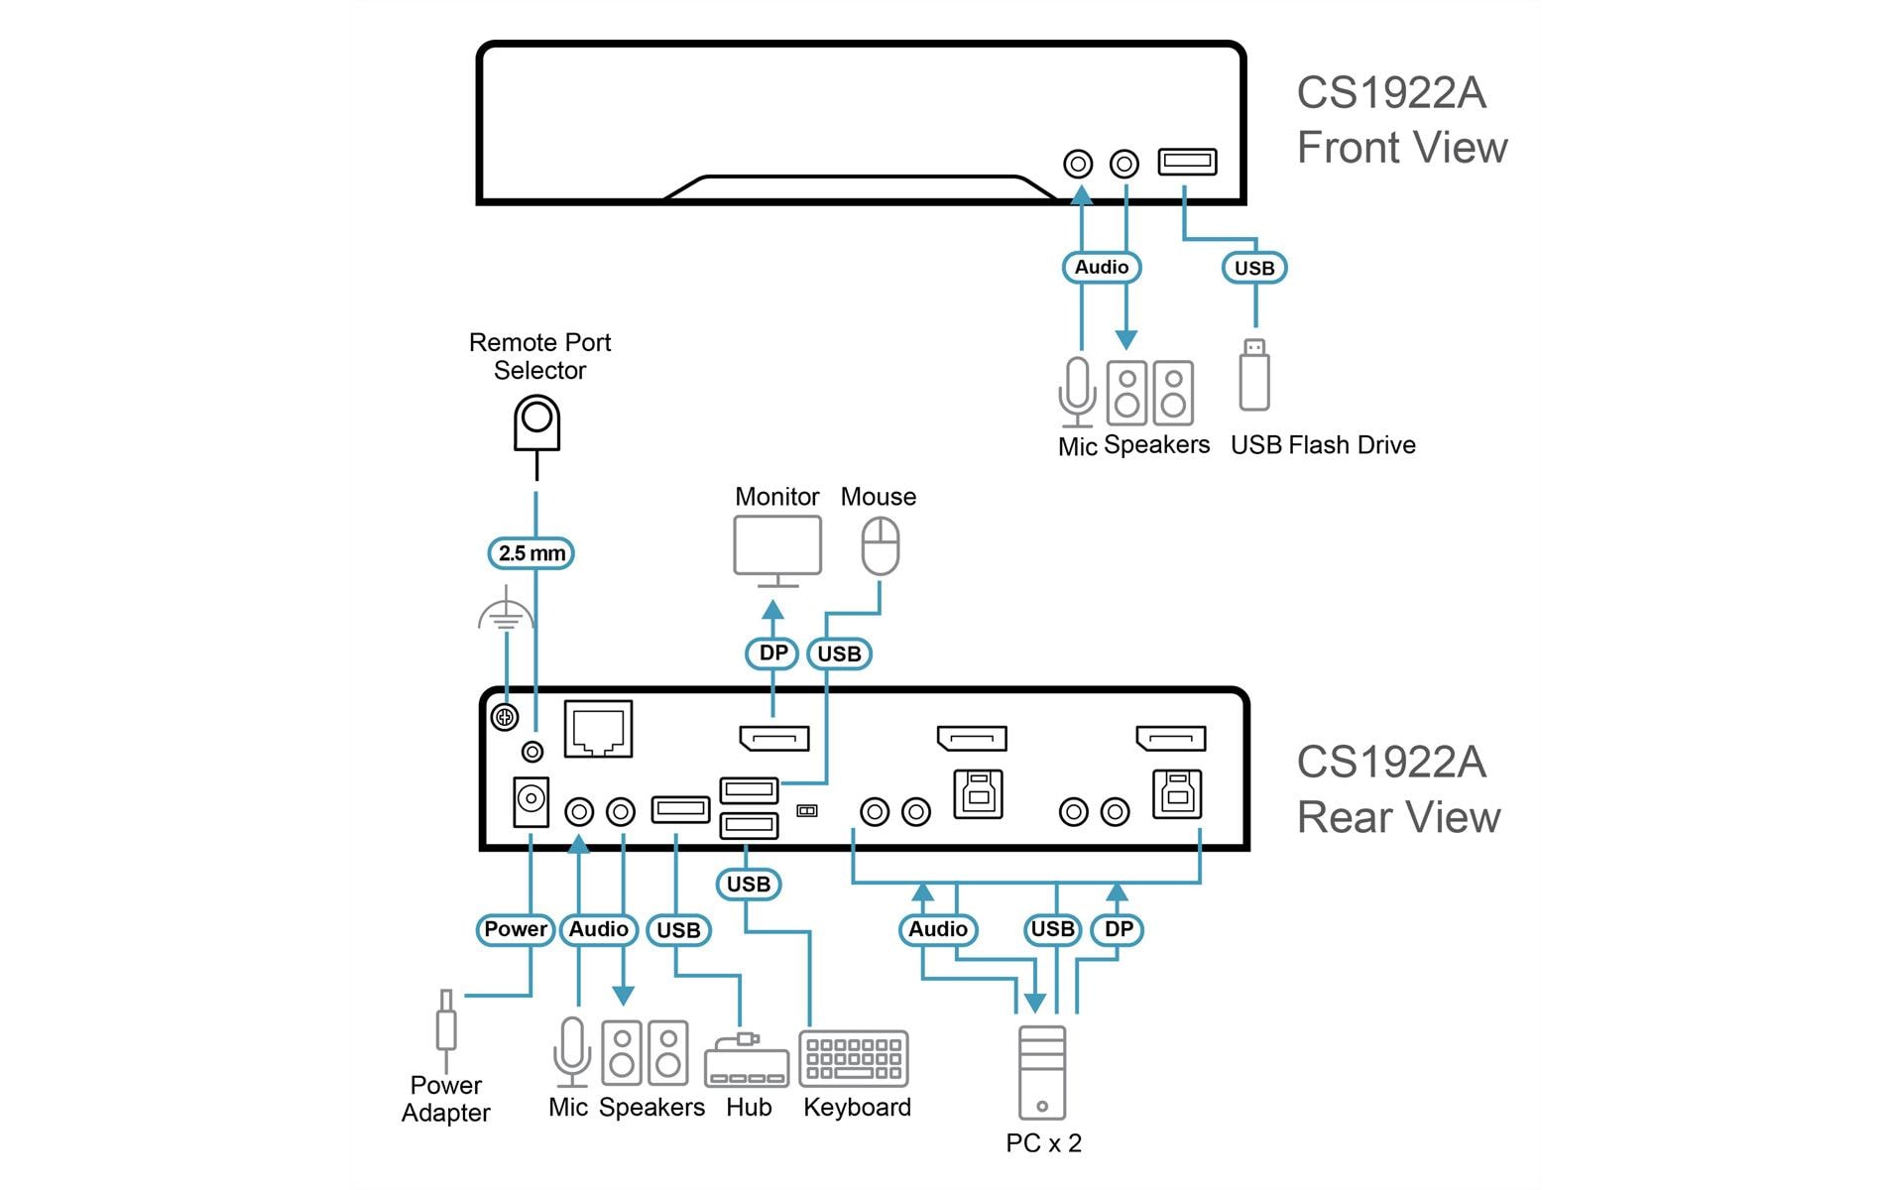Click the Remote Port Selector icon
[x=536, y=423]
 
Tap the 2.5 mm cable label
[x=532, y=553]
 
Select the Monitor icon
[x=777, y=551]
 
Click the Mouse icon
[x=880, y=546]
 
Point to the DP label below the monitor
[x=772, y=654]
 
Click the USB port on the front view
[x=1187, y=162]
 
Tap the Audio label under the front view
[x=1102, y=267]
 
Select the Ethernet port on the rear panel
[x=598, y=729]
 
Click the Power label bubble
[x=516, y=929]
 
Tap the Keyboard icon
[x=854, y=1059]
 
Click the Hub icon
[x=747, y=1062]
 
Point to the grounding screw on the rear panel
[x=505, y=717]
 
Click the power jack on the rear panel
[x=531, y=801]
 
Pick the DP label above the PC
[x=1118, y=929]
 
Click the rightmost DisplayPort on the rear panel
[x=1171, y=738]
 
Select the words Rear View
[x=1398, y=817]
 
